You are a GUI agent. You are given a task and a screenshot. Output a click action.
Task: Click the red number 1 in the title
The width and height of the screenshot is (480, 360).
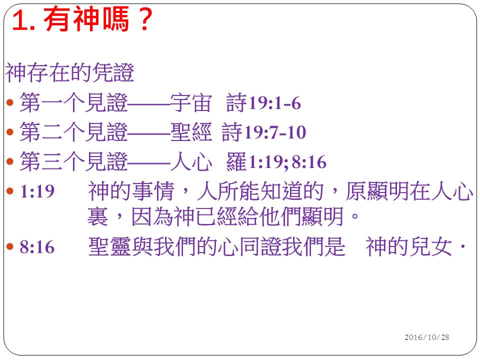coord(20,20)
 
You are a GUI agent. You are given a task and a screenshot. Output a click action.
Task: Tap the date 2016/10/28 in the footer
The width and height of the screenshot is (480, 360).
coord(426,337)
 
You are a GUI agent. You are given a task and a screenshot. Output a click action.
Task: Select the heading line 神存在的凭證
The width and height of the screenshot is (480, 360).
coord(70,72)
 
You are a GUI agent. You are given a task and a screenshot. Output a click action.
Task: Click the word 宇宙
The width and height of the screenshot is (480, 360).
coord(191,102)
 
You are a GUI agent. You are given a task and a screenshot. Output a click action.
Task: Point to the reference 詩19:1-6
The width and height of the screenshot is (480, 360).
coord(263,102)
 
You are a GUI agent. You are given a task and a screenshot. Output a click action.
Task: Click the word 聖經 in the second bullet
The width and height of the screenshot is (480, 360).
coord(191,132)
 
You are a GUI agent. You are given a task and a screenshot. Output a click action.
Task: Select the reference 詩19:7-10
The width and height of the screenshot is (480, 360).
coord(264,132)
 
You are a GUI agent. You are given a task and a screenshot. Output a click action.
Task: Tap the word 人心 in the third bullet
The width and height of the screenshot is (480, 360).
coord(191,161)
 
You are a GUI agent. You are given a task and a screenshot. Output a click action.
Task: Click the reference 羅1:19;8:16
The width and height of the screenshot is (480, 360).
coord(276,161)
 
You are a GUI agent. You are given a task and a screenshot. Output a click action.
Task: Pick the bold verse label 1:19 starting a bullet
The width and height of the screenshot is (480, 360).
coord(37,191)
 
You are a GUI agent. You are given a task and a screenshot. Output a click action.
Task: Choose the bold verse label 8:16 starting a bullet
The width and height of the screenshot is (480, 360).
coord(37,246)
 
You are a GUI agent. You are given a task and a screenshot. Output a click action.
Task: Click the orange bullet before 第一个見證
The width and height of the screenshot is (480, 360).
coord(10,102)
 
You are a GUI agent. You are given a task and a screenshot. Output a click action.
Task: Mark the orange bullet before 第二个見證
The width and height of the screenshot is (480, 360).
coord(10,132)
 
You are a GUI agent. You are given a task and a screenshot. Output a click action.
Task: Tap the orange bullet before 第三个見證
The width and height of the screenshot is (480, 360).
coord(10,161)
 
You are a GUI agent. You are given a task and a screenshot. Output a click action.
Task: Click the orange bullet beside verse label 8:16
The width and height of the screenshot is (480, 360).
coord(10,246)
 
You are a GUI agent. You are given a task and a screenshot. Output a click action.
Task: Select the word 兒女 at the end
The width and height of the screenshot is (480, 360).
coord(430,246)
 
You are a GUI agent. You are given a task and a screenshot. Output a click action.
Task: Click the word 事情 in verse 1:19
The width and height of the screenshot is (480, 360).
coord(153,191)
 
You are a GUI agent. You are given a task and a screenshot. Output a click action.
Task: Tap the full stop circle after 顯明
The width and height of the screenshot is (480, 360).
coord(355,216)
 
